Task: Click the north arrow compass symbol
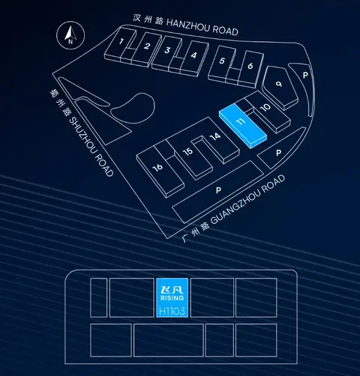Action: [70, 35]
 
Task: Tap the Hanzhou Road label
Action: [185, 25]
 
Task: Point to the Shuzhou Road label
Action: [82, 133]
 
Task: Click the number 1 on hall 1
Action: [121, 41]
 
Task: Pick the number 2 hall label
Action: [147, 46]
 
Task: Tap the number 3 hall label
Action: [167, 50]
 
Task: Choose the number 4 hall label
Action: [193, 55]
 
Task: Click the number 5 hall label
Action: [222, 61]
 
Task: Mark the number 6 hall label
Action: [250, 66]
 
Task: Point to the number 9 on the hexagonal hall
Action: [279, 84]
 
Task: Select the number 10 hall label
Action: [265, 107]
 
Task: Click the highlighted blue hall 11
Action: [243, 126]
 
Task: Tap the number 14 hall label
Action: [215, 136]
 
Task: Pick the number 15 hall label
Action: [187, 151]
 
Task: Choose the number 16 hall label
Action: [157, 167]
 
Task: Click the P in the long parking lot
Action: [218, 190]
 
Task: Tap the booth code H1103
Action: [172, 311]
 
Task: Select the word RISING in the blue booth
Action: [172, 298]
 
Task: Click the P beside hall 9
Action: [305, 75]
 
